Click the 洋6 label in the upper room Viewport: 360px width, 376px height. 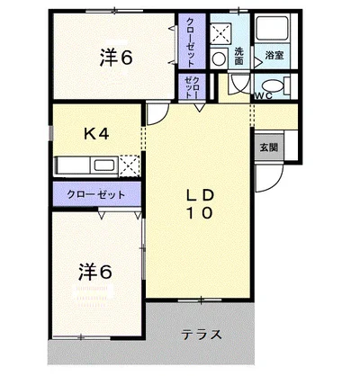(116, 58)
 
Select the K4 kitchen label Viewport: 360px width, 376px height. (96, 134)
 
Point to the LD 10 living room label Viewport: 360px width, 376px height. (200, 204)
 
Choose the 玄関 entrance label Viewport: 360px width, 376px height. (268, 147)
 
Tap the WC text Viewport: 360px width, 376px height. (263, 94)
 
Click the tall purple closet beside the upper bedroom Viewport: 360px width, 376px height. (192, 41)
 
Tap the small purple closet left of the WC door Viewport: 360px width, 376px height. (192, 86)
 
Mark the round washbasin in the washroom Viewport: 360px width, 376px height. (220, 58)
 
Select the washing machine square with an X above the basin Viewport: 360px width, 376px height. (220, 33)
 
